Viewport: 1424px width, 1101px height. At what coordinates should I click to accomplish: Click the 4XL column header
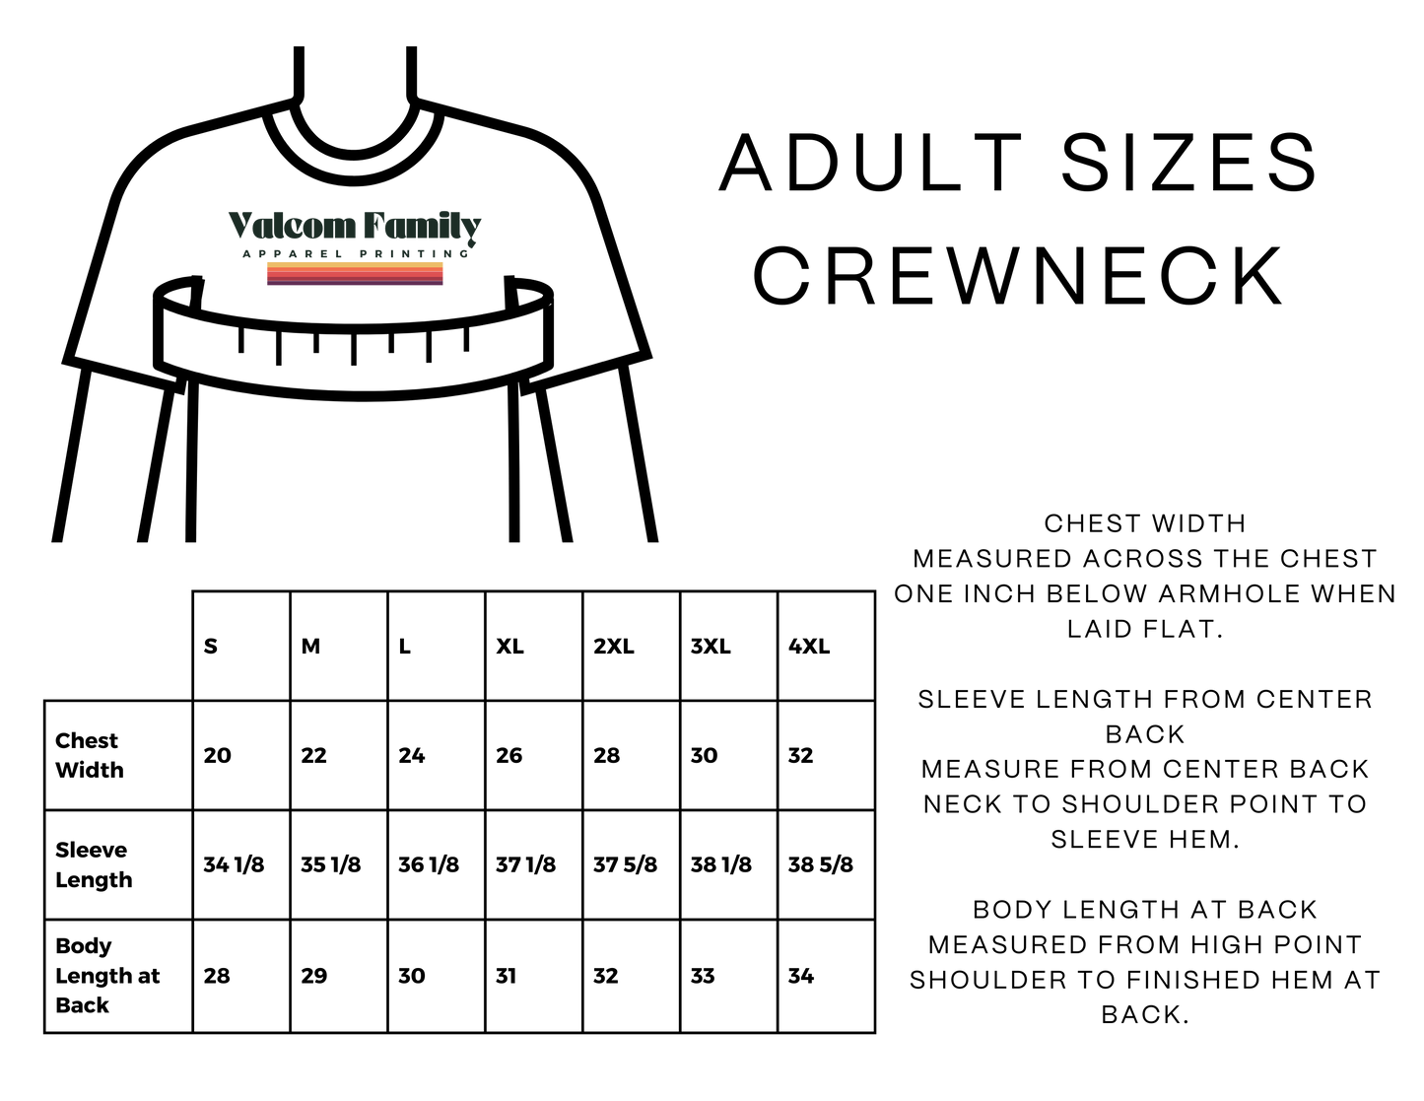click(x=809, y=647)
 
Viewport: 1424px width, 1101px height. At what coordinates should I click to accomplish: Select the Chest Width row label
click(x=89, y=755)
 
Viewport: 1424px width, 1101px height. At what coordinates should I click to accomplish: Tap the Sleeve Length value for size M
click(x=331, y=865)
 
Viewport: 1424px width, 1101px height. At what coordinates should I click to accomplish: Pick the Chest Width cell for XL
click(x=509, y=756)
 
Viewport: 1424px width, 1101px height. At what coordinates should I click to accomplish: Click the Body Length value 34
click(x=801, y=976)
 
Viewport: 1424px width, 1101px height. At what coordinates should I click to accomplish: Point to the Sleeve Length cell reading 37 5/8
click(x=625, y=865)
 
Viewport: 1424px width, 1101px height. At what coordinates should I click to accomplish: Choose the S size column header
click(x=210, y=647)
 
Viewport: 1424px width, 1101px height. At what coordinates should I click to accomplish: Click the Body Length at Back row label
click(x=107, y=976)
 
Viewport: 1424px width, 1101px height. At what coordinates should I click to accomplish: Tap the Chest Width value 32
click(x=801, y=756)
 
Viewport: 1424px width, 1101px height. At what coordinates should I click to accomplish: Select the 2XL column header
click(x=614, y=647)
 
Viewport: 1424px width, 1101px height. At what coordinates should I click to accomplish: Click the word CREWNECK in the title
click(x=1018, y=275)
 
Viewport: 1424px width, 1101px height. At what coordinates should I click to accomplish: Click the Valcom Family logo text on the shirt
click(x=355, y=227)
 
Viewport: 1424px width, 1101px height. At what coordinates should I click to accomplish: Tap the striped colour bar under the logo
click(x=355, y=273)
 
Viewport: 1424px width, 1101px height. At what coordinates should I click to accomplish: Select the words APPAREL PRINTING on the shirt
click(x=356, y=254)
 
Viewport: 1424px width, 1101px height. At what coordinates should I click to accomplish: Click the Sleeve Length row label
click(x=94, y=865)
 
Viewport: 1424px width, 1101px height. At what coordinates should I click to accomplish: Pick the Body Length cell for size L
click(x=412, y=976)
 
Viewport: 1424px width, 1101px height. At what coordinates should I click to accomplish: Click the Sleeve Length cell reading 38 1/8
click(x=720, y=865)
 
